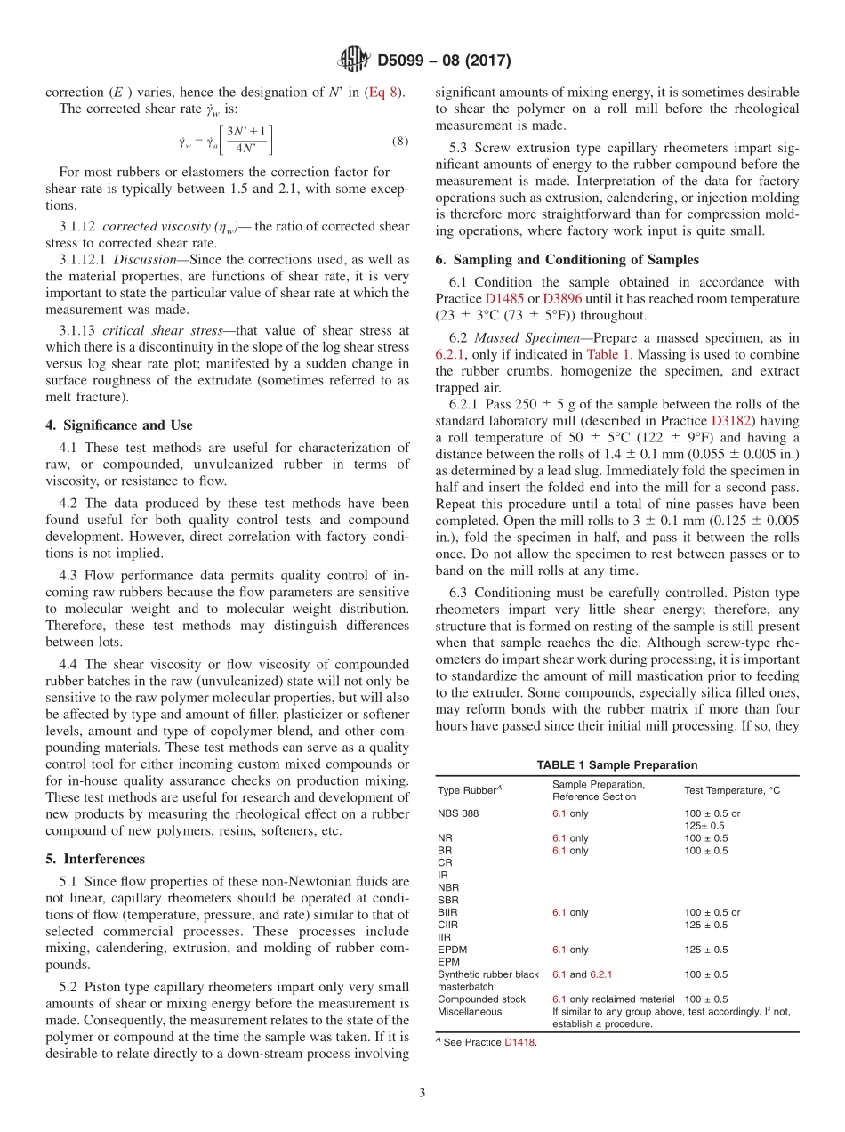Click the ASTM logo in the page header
(x=354, y=61)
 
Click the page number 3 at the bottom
(x=422, y=1091)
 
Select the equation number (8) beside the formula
(x=399, y=141)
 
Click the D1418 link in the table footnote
(x=520, y=1043)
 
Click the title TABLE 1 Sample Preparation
(x=616, y=764)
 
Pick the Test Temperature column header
(x=731, y=790)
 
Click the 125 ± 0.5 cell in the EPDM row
(x=705, y=950)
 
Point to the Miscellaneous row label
(x=470, y=1011)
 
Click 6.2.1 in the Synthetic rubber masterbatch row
(x=597, y=974)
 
